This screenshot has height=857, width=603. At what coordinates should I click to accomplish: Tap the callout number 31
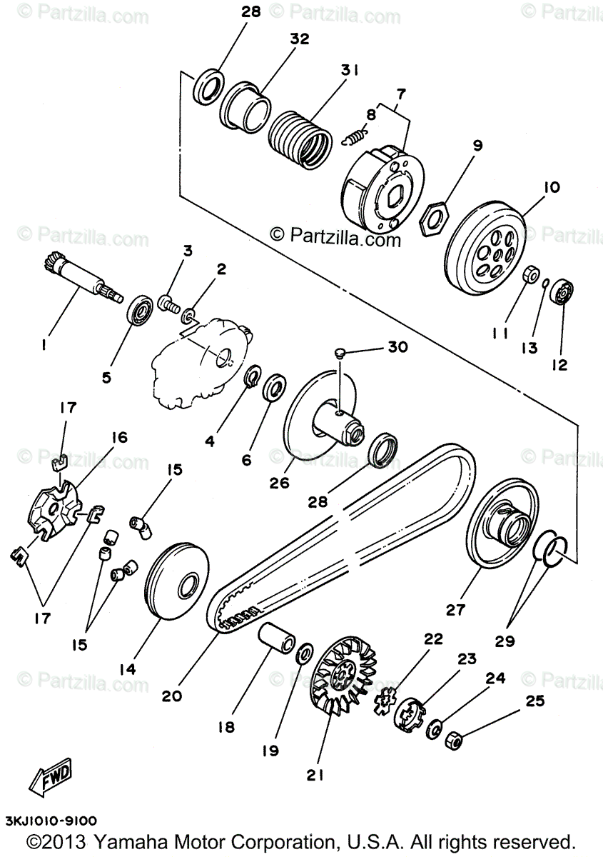(x=349, y=71)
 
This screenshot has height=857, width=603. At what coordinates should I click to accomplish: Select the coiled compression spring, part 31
(x=300, y=136)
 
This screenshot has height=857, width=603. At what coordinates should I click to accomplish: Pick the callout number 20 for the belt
(x=172, y=695)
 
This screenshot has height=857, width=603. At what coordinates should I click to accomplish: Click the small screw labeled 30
(x=342, y=351)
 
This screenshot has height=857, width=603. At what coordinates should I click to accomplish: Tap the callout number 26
(x=278, y=483)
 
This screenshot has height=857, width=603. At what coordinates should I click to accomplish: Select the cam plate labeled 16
(x=56, y=509)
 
